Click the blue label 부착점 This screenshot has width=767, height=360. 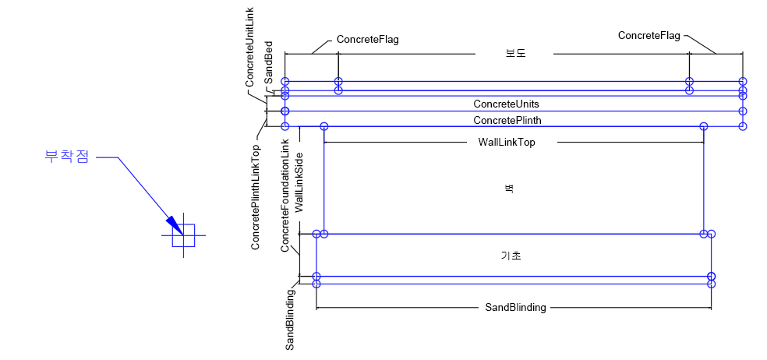[x=67, y=157]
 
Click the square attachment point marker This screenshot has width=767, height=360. [x=183, y=235]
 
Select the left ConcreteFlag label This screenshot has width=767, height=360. [x=367, y=40]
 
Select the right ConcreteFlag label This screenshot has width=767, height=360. [x=649, y=36]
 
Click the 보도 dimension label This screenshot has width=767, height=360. [x=514, y=54]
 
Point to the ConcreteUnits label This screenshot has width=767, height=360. [x=506, y=104]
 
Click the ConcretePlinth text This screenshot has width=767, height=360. [x=507, y=120]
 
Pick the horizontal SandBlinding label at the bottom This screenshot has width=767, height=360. [x=515, y=308]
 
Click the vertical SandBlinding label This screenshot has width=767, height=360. [x=290, y=319]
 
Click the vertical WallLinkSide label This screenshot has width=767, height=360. [x=300, y=187]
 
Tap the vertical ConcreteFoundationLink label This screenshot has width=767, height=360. [x=285, y=196]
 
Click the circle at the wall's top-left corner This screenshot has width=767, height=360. [x=324, y=126]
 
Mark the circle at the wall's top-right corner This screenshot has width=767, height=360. [x=703, y=126]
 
